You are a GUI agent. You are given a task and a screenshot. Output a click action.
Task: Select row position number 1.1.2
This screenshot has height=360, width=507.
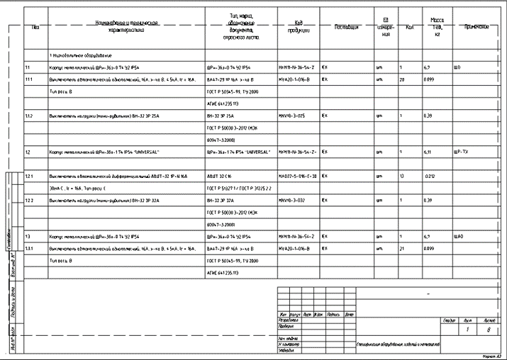[29, 115]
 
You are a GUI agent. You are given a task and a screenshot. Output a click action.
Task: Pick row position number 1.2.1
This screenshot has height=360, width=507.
[29, 176]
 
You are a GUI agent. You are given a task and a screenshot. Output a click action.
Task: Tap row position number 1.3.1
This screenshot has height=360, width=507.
[29, 249]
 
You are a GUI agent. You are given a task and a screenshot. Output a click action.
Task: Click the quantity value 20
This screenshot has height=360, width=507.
[402, 79]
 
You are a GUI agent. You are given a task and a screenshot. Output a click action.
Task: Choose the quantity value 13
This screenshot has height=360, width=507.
[401, 176]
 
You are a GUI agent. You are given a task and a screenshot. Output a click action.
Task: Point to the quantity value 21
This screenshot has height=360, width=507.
[401, 249]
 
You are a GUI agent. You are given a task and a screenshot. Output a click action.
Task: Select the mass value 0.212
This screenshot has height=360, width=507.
[429, 176]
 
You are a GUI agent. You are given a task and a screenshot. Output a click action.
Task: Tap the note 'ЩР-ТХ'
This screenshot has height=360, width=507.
[461, 152]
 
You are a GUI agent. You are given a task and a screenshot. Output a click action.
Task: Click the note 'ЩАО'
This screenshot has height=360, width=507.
[458, 235]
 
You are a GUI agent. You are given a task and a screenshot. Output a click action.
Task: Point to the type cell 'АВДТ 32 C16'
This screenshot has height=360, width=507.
[218, 176]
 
